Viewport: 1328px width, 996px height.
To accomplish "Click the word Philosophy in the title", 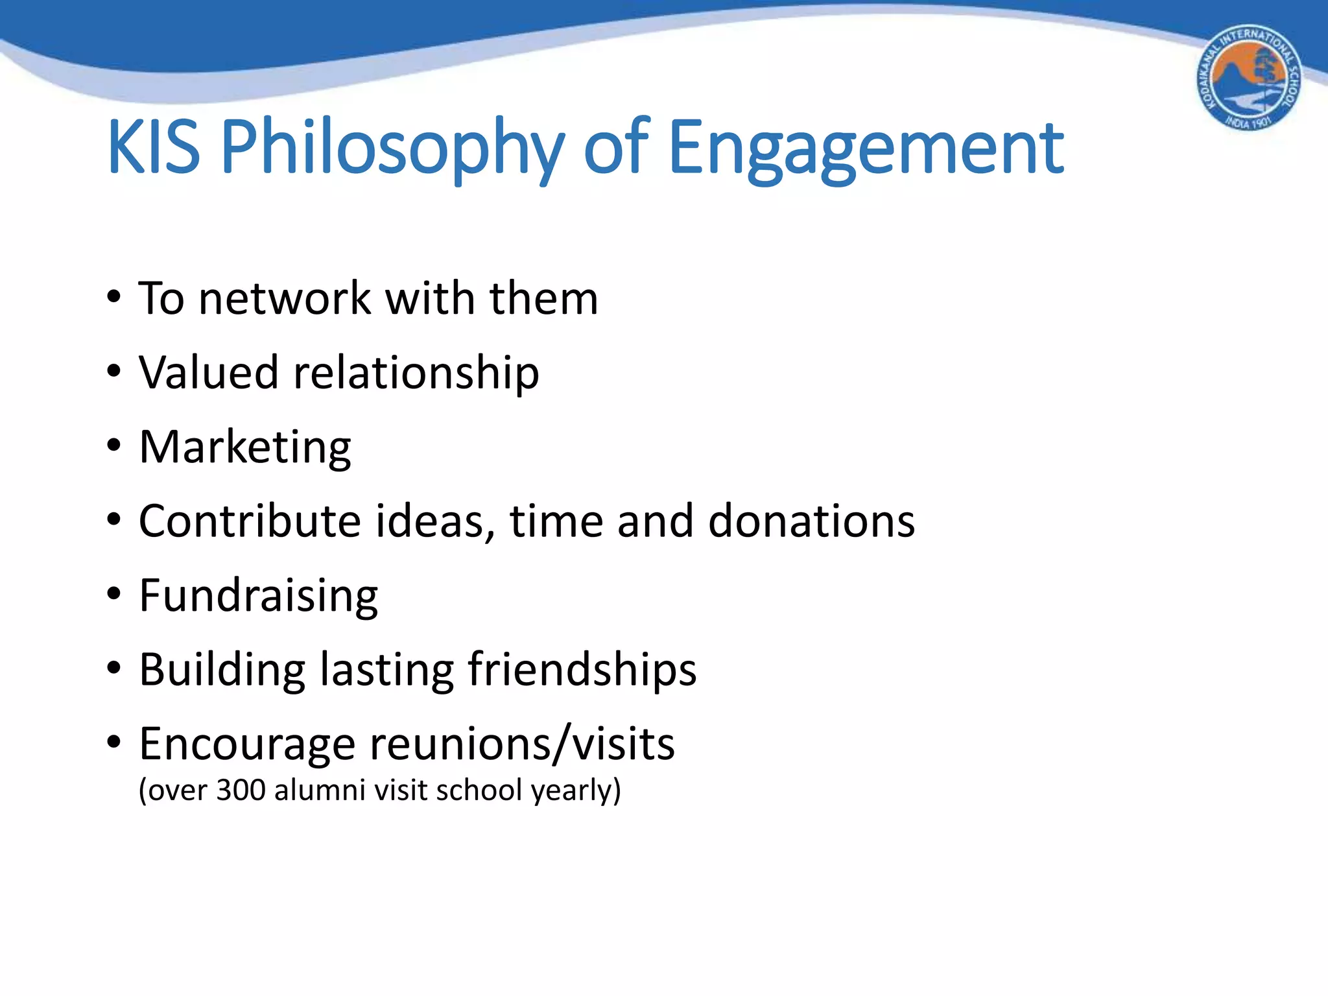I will coord(392,149).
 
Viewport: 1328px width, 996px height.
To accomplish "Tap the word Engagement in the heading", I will coord(866,149).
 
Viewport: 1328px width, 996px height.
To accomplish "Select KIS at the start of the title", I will coord(154,148).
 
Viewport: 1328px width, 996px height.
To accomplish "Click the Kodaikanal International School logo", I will coord(1249,78).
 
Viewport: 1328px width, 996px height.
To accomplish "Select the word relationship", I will coord(416,374).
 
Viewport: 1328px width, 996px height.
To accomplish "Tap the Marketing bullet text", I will coord(245,448).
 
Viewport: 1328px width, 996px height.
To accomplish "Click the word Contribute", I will coord(250,521).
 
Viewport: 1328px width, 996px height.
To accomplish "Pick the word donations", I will coord(811,521).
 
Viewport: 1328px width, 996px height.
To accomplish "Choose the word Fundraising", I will coord(258,596).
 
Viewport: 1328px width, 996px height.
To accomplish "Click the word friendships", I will coord(582,670).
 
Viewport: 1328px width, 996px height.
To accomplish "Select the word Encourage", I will coord(247,744).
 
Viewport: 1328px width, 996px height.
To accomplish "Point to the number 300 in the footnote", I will coord(241,790).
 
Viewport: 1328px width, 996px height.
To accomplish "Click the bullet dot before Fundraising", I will coord(114,593).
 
